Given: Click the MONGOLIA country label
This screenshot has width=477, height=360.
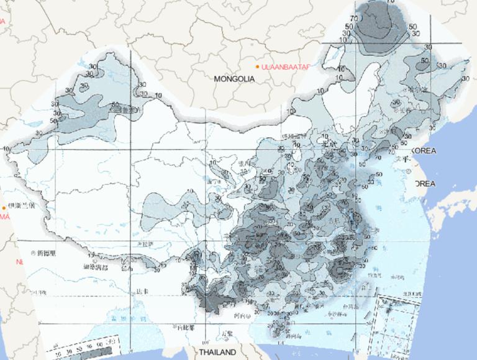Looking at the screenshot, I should tap(234, 79).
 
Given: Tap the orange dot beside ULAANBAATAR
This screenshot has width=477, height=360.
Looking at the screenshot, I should tap(257, 66).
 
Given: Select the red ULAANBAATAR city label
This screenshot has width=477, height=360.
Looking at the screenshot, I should tap(286, 66).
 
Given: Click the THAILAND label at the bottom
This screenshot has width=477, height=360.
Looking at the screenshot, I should tap(217, 352).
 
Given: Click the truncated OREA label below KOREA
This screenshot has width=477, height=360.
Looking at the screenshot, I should tap(425, 184).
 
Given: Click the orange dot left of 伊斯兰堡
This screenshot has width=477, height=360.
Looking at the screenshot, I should tap(4, 207).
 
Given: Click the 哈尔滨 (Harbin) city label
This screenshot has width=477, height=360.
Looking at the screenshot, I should tap(416, 90).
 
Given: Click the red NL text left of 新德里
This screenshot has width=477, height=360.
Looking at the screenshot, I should tap(19, 262).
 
